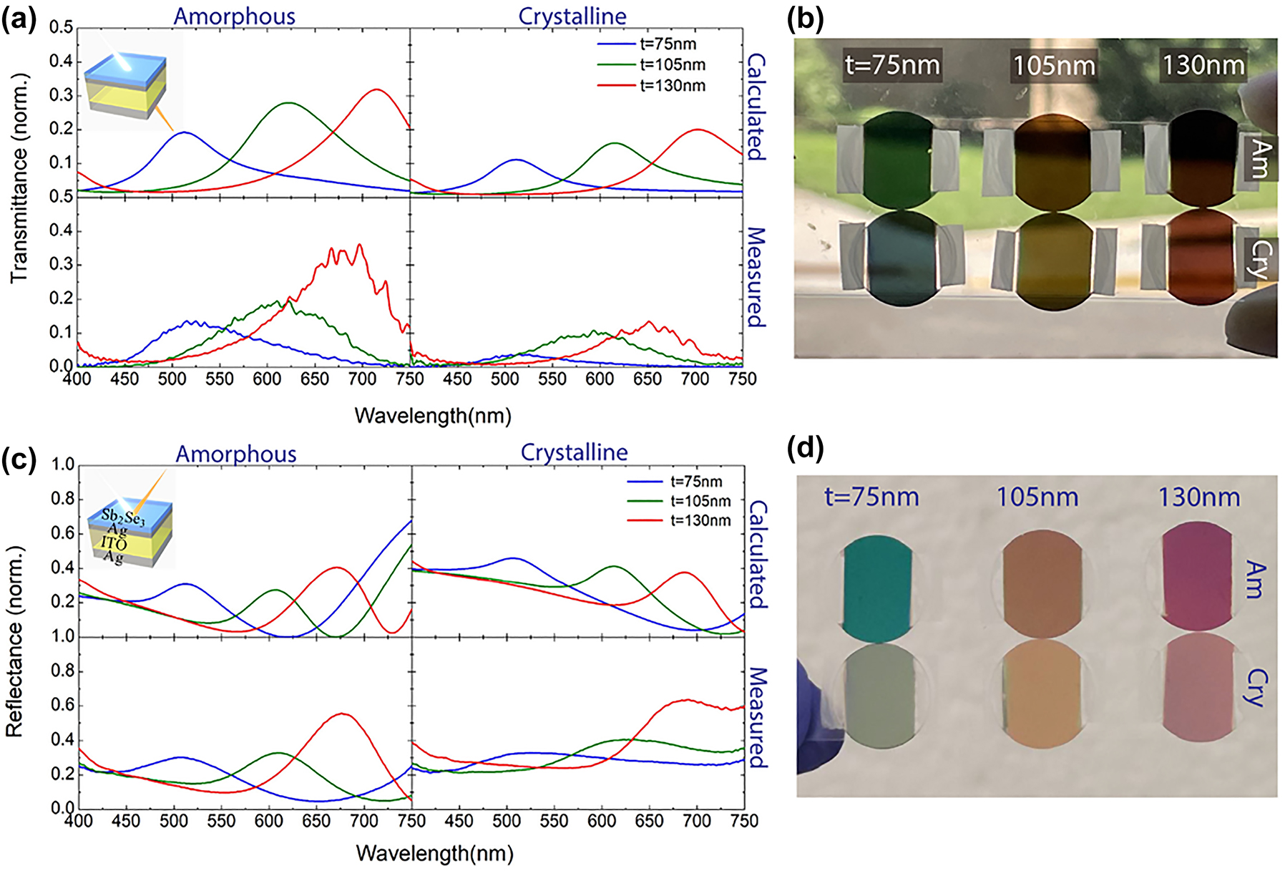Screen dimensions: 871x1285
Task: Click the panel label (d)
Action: (x=805, y=449)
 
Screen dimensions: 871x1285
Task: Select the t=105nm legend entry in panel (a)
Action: (x=671, y=65)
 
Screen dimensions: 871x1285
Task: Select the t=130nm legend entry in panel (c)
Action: (x=700, y=520)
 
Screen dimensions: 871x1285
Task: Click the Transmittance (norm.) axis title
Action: (x=20, y=177)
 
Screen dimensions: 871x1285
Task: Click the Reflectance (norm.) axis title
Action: (x=14, y=641)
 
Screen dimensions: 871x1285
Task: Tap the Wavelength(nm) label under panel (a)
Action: (x=432, y=416)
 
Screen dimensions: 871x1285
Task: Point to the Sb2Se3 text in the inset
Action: (x=123, y=516)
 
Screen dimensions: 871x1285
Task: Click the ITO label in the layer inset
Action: (x=113, y=544)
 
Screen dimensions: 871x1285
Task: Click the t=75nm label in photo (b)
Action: (x=891, y=66)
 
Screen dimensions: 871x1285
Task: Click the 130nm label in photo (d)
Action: (x=1198, y=497)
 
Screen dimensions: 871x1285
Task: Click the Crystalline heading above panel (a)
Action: (x=572, y=16)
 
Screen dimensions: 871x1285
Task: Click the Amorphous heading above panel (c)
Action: (x=235, y=454)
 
